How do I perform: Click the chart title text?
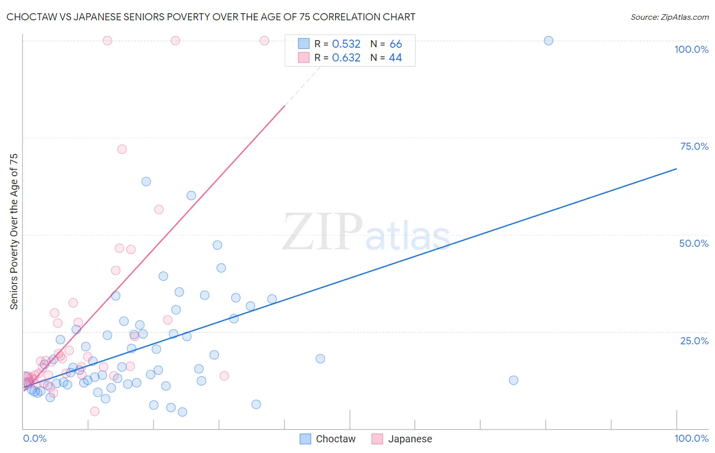(x=211, y=17)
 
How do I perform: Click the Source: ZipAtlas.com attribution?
(x=669, y=17)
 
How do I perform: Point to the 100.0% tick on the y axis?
(x=691, y=49)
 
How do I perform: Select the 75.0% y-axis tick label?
(x=694, y=146)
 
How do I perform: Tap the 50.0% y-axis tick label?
(x=694, y=243)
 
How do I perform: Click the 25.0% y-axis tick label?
(x=694, y=340)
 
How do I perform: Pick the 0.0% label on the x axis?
(x=35, y=438)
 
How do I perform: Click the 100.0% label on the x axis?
(x=691, y=438)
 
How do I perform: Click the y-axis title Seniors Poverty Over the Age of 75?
(x=14, y=231)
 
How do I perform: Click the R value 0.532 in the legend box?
(x=346, y=44)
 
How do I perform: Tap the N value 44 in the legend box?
(x=395, y=58)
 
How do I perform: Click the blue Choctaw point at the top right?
(x=548, y=41)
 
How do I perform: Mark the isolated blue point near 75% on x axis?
(x=513, y=380)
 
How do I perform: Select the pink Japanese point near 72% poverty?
(x=122, y=149)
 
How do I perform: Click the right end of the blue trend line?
(x=676, y=169)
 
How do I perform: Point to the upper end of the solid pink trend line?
(x=284, y=106)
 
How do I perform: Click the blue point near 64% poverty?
(x=146, y=182)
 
